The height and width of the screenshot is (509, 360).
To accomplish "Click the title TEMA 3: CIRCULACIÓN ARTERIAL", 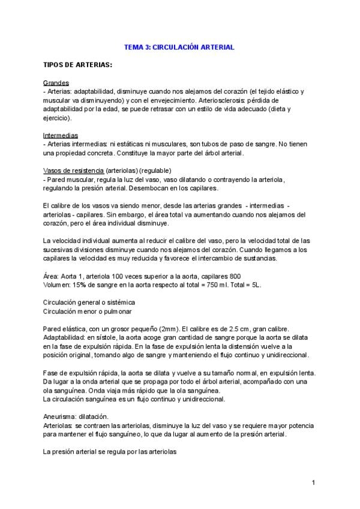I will coord(179,46).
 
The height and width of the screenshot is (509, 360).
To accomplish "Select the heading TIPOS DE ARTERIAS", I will coord(78,64).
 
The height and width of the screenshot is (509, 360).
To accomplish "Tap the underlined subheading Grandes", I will coord(56,82).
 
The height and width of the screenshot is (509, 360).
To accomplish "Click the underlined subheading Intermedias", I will coord(61,136).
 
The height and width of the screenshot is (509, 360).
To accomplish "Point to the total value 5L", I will coord(255,286).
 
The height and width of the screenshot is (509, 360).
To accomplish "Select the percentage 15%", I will coord(80,286).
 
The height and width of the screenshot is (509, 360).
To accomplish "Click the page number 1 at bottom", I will coord(313,483).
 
